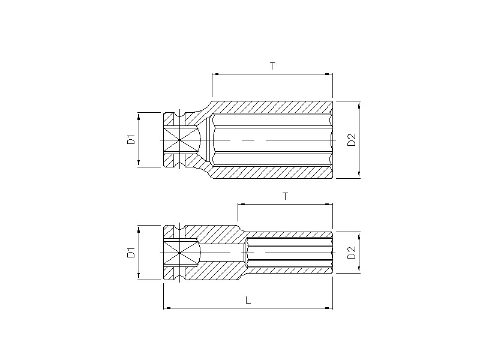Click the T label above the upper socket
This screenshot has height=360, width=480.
[x=272, y=65]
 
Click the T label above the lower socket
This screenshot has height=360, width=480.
[x=286, y=196]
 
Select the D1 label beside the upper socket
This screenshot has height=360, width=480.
[x=131, y=140]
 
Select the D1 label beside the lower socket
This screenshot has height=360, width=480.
[x=131, y=253]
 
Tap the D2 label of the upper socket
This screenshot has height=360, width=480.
[x=352, y=140]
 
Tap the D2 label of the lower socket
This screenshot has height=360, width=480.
[x=352, y=253]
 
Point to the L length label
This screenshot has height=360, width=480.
[x=248, y=300]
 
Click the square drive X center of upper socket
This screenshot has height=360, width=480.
[x=179, y=140]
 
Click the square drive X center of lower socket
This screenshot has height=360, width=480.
[x=179, y=253]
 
